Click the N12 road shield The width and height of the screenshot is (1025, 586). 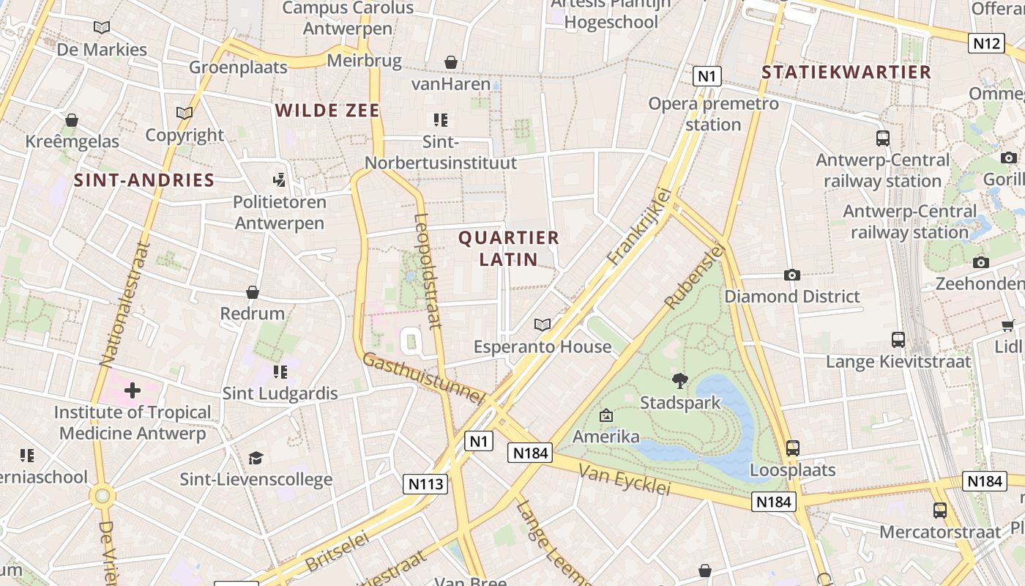[x=985, y=44]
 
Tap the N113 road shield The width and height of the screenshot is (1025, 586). [x=425, y=484]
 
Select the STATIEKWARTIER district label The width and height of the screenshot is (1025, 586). [x=846, y=73]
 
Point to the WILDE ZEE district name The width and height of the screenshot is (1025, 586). [x=327, y=111]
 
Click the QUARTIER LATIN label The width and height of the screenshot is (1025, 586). [x=509, y=248]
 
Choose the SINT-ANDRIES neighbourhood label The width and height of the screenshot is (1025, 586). [x=144, y=180]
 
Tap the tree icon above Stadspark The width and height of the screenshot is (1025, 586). [x=680, y=380]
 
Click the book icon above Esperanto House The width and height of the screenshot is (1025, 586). [x=543, y=324]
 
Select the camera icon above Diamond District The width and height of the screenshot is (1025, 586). [x=791, y=275]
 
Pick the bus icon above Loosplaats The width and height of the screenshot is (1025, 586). [x=792, y=448]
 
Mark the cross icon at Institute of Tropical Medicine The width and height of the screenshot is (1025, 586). [x=133, y=390]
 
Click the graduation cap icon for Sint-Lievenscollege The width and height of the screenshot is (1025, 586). [x=256, y=458]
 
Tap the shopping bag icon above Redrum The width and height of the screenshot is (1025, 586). [x=253, y=292]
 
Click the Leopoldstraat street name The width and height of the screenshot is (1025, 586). [x=428, y=270]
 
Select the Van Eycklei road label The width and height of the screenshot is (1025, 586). [x=625, y=479]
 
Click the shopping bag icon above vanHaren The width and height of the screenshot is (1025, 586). [x=451, y=62]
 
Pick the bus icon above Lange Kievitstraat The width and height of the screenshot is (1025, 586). [x=898, y=340]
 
